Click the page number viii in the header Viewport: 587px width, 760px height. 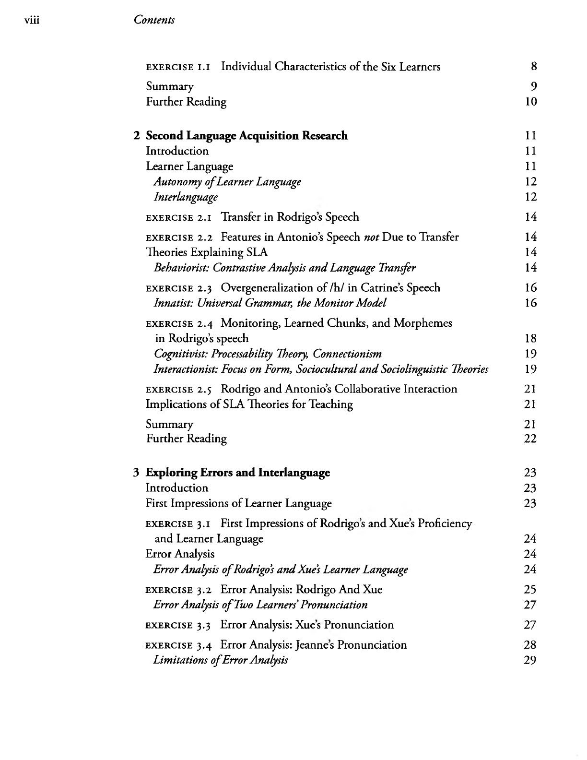(31, 20)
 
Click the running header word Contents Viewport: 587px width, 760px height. (154, 20)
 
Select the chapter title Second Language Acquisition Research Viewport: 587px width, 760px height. (247, 136)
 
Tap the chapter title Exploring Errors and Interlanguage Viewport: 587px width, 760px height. (237, 473)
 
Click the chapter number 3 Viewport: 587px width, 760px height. (136, 473)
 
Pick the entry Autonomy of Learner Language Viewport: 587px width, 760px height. (227, 182)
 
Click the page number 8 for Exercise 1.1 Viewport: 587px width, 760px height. (534, 67)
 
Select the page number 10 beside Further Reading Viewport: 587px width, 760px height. (531, 102)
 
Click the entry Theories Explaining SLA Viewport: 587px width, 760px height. (207, 252)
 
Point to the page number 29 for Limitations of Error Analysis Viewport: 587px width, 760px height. (530, 660)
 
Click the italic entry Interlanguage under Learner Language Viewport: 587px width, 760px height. (186, 197)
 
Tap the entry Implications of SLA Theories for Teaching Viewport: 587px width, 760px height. (249, 404)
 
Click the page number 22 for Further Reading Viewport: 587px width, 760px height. (530, 439)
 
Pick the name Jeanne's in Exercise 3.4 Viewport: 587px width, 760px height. (315, 645)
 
